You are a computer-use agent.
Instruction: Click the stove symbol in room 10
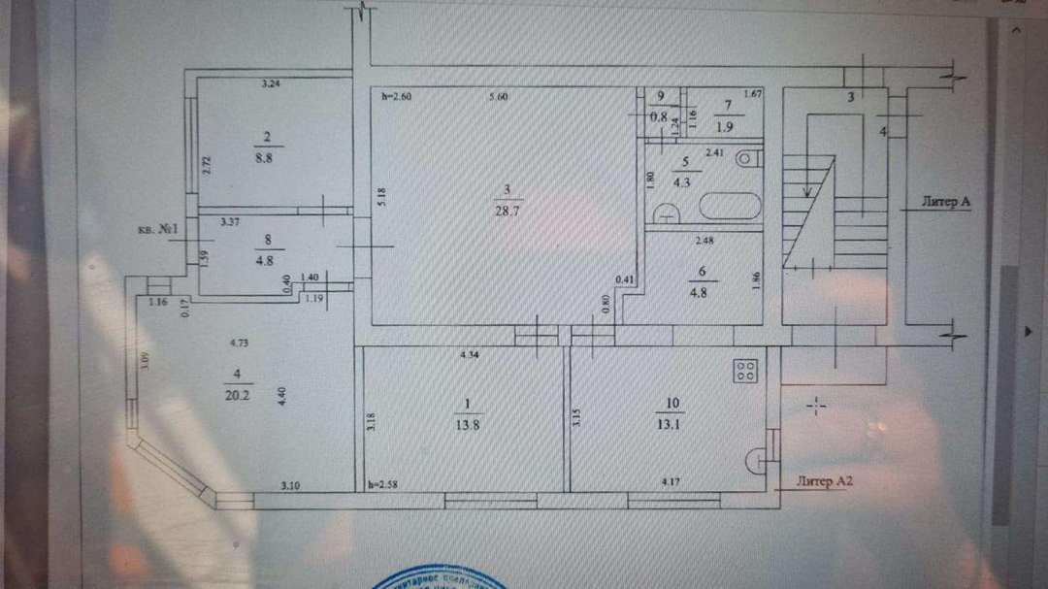(746, 369)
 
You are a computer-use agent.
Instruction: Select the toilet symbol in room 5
(746, 157)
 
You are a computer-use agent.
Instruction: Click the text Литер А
(946, 202)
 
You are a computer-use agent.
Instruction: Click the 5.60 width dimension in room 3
(500, 96)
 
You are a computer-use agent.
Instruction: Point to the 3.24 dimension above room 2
(272, 85)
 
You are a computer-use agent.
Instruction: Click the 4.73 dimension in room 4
(240, 343)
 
